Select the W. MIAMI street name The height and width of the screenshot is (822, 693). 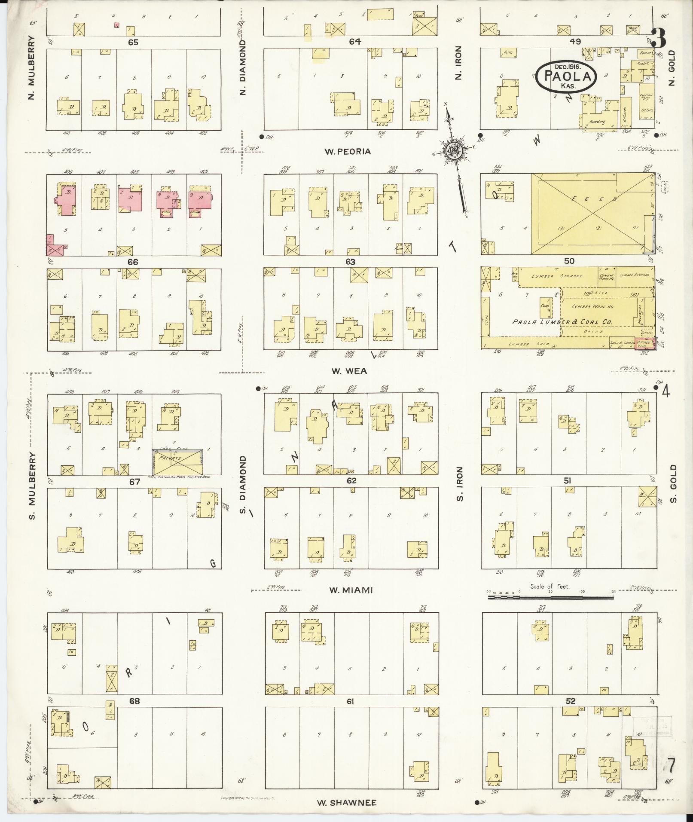click(x=351, y=590)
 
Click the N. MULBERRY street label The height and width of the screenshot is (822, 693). click(x=31, y=71)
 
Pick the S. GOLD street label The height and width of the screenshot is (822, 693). click(x=672, y=483)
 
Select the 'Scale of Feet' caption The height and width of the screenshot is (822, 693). click(x=550, y=586)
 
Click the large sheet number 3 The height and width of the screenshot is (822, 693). click(x=658, y=38)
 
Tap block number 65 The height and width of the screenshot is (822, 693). click(x=132, y=42)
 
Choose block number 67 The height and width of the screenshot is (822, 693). click(x=134, y=482)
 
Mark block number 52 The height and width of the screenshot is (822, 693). click(x=570, y=701)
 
